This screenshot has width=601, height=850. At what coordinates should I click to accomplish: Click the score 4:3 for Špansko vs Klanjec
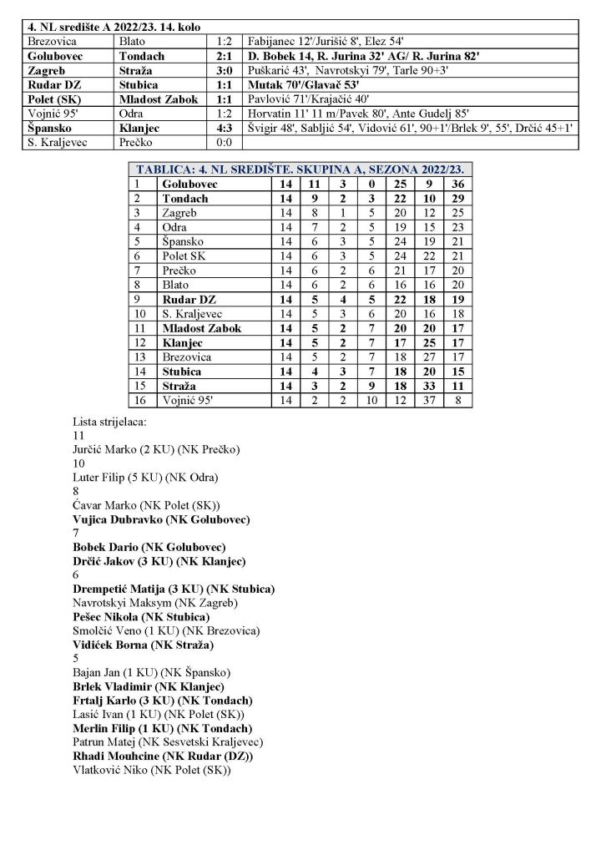(x=223, y=129)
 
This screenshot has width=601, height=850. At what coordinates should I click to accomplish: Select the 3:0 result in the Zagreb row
(x=223, y=71)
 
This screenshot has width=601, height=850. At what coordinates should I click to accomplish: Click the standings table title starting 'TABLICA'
(x=299, y=169)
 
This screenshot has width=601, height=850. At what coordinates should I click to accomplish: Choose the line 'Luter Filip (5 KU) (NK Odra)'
(x=146, y=477)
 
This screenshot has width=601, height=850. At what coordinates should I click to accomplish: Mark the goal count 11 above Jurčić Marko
(x=79, y=435)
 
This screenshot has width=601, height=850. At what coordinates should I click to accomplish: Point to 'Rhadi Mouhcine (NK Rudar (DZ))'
(x=164, y=755)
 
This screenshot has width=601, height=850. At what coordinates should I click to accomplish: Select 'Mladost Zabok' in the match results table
(x=159, y=99)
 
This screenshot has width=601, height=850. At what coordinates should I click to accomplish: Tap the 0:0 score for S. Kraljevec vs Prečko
(x=223, y=143)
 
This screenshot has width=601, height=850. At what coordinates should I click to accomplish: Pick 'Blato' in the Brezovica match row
(x=134, y=40)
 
